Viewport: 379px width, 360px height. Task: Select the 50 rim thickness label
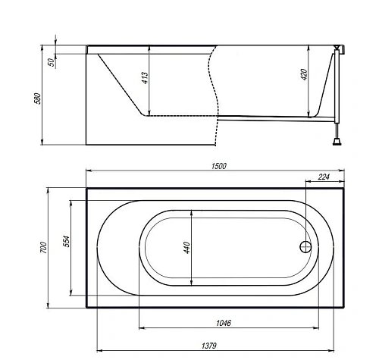click(50, 62)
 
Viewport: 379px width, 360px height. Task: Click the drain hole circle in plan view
click(305, 247)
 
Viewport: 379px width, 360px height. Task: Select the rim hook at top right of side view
click(340, 49)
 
